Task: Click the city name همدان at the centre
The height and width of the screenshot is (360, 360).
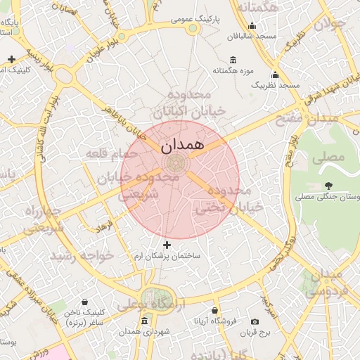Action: coord(181,146)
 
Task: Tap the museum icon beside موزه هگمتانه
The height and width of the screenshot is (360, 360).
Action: coord(233,59)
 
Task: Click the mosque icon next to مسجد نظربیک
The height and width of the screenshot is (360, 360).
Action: coord(275,75)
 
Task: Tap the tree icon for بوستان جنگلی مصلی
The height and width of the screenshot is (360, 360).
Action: coord(328,186)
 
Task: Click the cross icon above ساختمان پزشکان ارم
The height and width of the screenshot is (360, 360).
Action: coord(167,245)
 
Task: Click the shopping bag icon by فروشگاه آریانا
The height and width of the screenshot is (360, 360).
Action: coord(215,310)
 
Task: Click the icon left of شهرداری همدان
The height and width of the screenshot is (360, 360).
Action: coord(145,321)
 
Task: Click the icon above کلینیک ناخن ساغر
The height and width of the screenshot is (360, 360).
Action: coord(85,302)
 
